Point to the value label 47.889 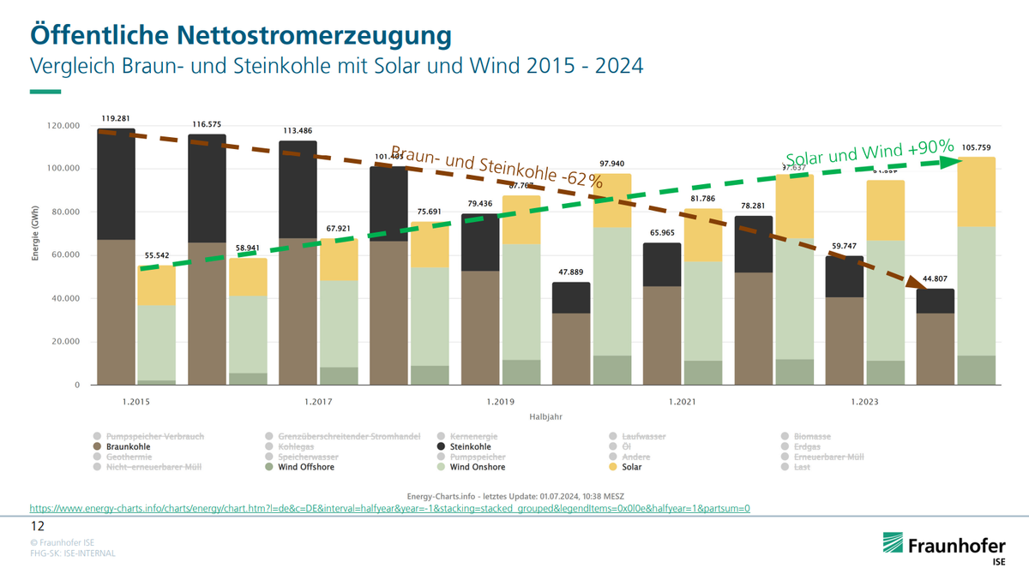(x=571, y=272)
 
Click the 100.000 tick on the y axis (x=63, y=169)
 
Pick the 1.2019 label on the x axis (x=502, y=401)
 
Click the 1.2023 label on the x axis (x=865, y=401)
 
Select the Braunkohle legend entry (x=125, y=446)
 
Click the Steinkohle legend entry (x=470, y=446)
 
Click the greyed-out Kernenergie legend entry (x=471, y=436)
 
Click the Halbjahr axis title (x=545, y=416)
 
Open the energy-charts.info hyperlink (x=390, y=508)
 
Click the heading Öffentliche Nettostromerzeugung (x=241, y=35)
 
